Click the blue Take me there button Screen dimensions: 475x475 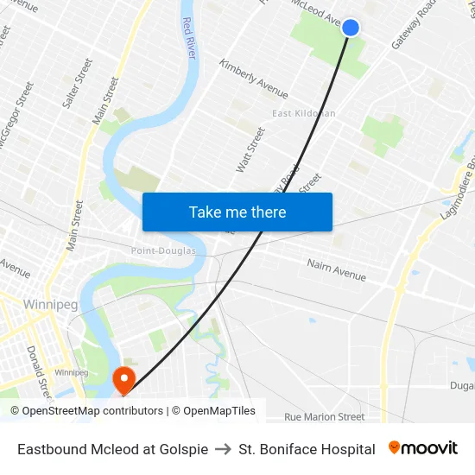[x=237, y=212]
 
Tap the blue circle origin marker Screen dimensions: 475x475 [x=351, y=28]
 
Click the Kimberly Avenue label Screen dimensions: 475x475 [x=253, y=79]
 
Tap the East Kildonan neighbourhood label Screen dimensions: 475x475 [x=303, y=113]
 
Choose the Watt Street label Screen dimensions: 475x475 [x=251, y=149]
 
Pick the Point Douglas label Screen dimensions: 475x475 [x=163, y=250]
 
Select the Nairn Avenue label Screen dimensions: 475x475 [x=336, y=270]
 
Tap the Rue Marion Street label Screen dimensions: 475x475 [x=325, y=416]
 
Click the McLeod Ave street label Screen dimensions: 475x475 [x=317, y=12]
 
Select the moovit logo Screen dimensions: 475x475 [x=423, y=448]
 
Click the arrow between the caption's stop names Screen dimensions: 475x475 [x=223, y=449]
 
